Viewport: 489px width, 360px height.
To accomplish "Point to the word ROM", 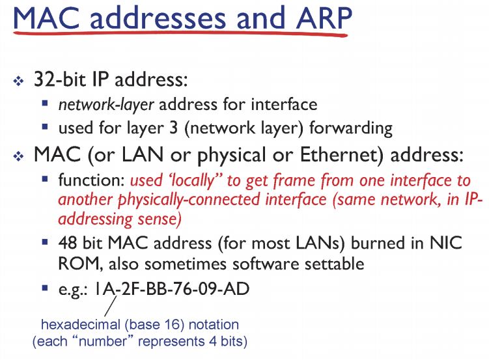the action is pos(77,263).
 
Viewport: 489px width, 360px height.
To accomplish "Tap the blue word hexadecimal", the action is pos(81,324).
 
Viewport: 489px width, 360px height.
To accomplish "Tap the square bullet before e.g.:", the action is pos(45,287).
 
